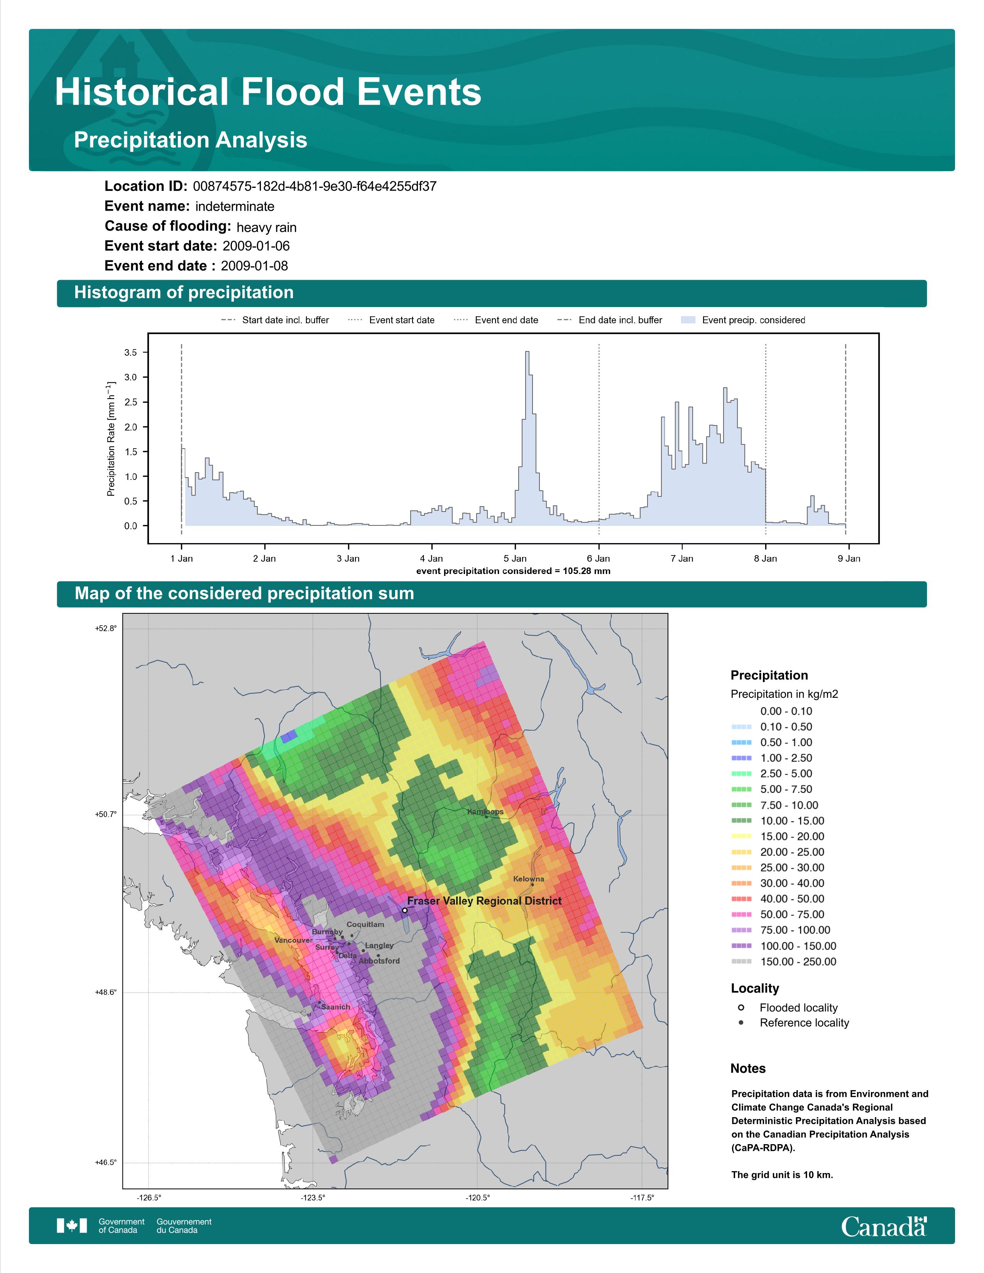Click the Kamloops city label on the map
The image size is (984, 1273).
[485, 811]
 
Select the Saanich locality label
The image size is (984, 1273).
[336, 1006]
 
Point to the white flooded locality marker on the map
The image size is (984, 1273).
[404, 910]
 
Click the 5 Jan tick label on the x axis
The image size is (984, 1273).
[515, 559]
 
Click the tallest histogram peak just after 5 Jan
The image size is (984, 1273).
[528, 352]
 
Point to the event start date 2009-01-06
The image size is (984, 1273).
[256, 246]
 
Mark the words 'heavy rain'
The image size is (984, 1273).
[266, 227]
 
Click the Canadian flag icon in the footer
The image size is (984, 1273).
[72, 1226]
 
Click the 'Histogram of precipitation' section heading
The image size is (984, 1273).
[184, 293]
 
